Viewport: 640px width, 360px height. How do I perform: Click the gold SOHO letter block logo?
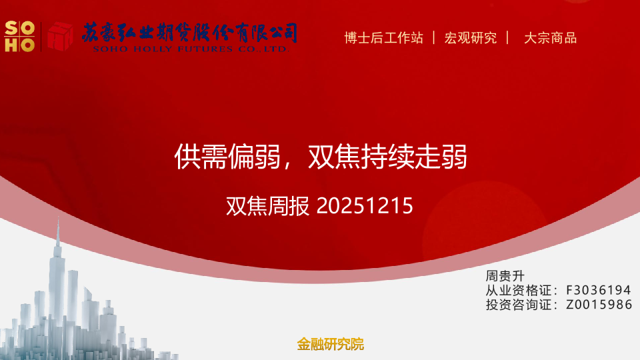[x=19, y=36]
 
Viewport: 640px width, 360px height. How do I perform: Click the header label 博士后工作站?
[x=383, y=38]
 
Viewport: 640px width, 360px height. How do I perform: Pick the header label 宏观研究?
[x=471, y=38]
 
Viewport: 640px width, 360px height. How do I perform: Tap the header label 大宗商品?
[x=550, y=38]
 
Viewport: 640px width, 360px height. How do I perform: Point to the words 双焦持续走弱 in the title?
[x=387, y=157]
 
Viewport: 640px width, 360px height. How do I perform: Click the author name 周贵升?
[x=505, y=275]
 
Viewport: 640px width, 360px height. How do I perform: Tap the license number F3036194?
[x=598, y=290]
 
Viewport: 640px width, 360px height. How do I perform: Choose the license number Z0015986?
[x=598, y=305]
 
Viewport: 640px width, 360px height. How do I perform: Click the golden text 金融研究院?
[x=331, y=345]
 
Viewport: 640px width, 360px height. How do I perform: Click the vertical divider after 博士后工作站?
[x=434, y=38]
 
